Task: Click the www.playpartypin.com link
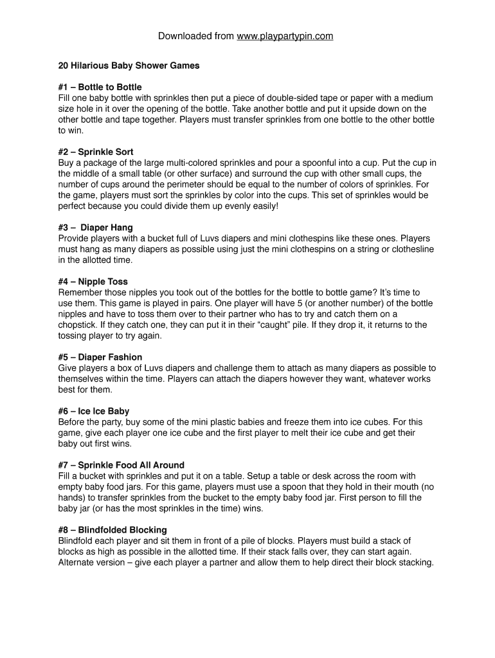pyautogui.click(x=285, y=36)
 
